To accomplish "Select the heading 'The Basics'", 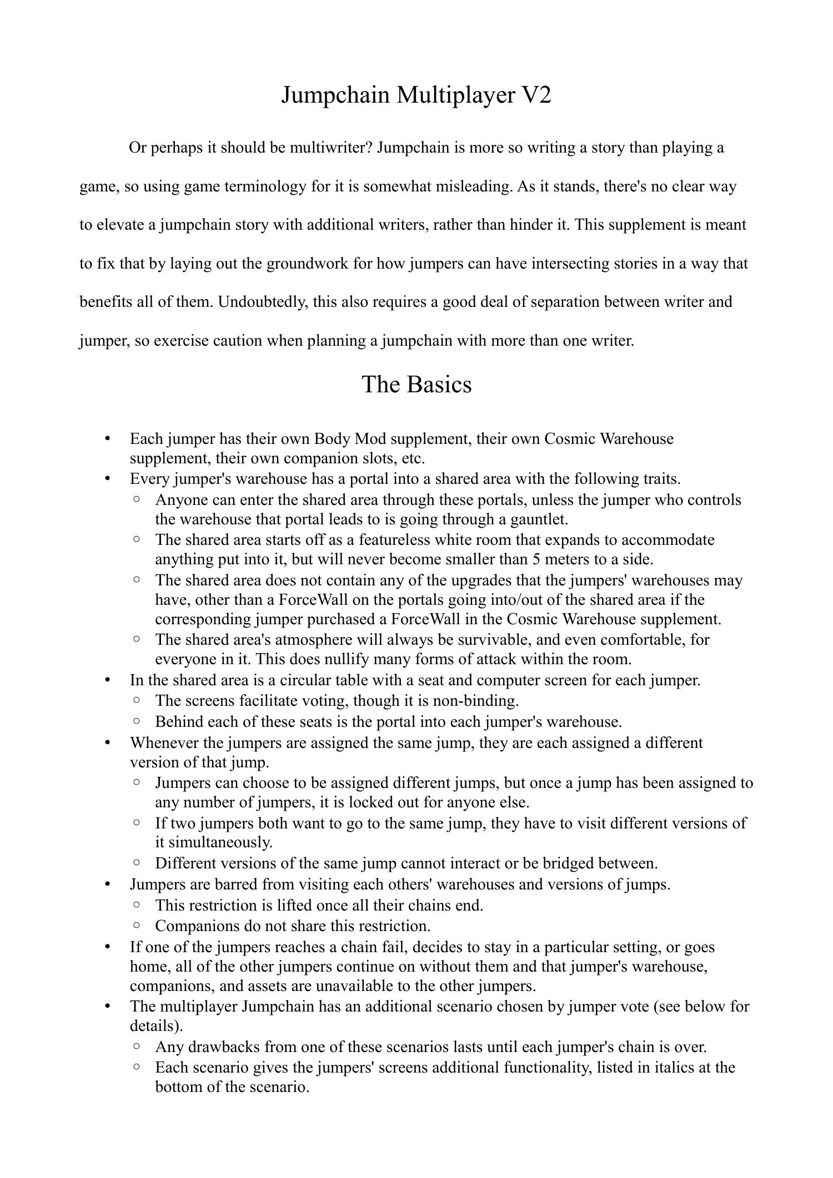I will tap(416, 384).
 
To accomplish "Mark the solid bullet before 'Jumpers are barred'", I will tap(108, 884).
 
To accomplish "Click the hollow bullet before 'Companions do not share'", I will tap(137, 925).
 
